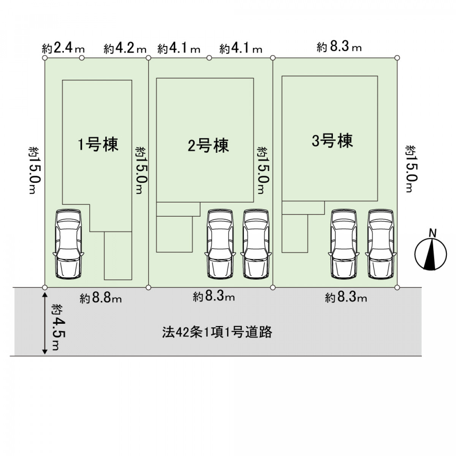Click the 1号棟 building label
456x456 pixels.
98,145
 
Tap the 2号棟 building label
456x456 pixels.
208,146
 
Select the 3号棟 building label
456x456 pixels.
332,141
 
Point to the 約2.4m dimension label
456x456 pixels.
63,49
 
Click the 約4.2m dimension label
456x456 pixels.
125,49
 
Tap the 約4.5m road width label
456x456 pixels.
56,327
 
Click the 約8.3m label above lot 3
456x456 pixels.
339,48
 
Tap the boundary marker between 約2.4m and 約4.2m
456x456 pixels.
82,58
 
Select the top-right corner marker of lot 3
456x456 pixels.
397,58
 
